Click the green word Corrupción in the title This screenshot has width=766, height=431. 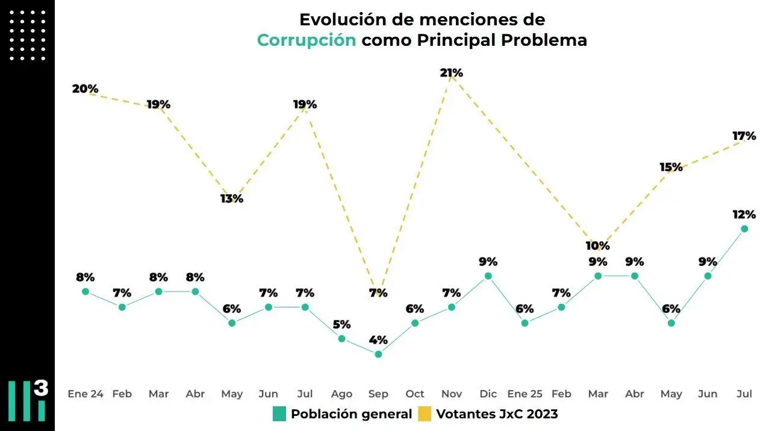307,40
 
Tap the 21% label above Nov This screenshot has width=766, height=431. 451,73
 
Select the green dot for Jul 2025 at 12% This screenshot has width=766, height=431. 744,228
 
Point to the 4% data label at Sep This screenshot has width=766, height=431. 378,339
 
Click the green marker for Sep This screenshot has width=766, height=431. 378,354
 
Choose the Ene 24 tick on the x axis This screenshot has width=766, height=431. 86,394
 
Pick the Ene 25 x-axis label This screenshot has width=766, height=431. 525,394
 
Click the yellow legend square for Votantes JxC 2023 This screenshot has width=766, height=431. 426,414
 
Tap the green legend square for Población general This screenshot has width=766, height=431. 279,414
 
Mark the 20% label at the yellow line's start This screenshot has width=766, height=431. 85,89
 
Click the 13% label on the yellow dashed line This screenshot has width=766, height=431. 232,198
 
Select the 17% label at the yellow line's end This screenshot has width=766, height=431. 744,136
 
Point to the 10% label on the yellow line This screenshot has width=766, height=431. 598,245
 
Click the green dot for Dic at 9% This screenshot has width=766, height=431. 488,276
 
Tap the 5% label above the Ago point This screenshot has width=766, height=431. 341,324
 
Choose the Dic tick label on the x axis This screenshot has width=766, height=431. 488,394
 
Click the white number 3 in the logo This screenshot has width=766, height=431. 41,389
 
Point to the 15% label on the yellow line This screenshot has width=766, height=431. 671,167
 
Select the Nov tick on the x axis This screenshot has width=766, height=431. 452,394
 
